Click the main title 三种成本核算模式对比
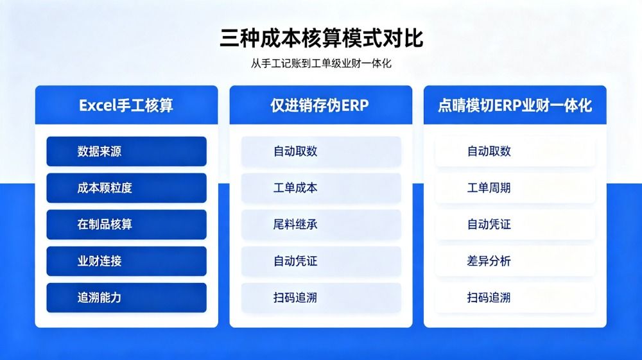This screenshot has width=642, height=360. [322, 38]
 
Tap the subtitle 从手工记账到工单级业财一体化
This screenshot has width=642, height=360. [322, 64]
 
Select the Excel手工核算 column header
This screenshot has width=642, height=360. [126, 105]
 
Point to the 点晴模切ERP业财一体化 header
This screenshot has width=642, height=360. [515, 105]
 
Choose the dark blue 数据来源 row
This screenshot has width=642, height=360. [126, 151]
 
